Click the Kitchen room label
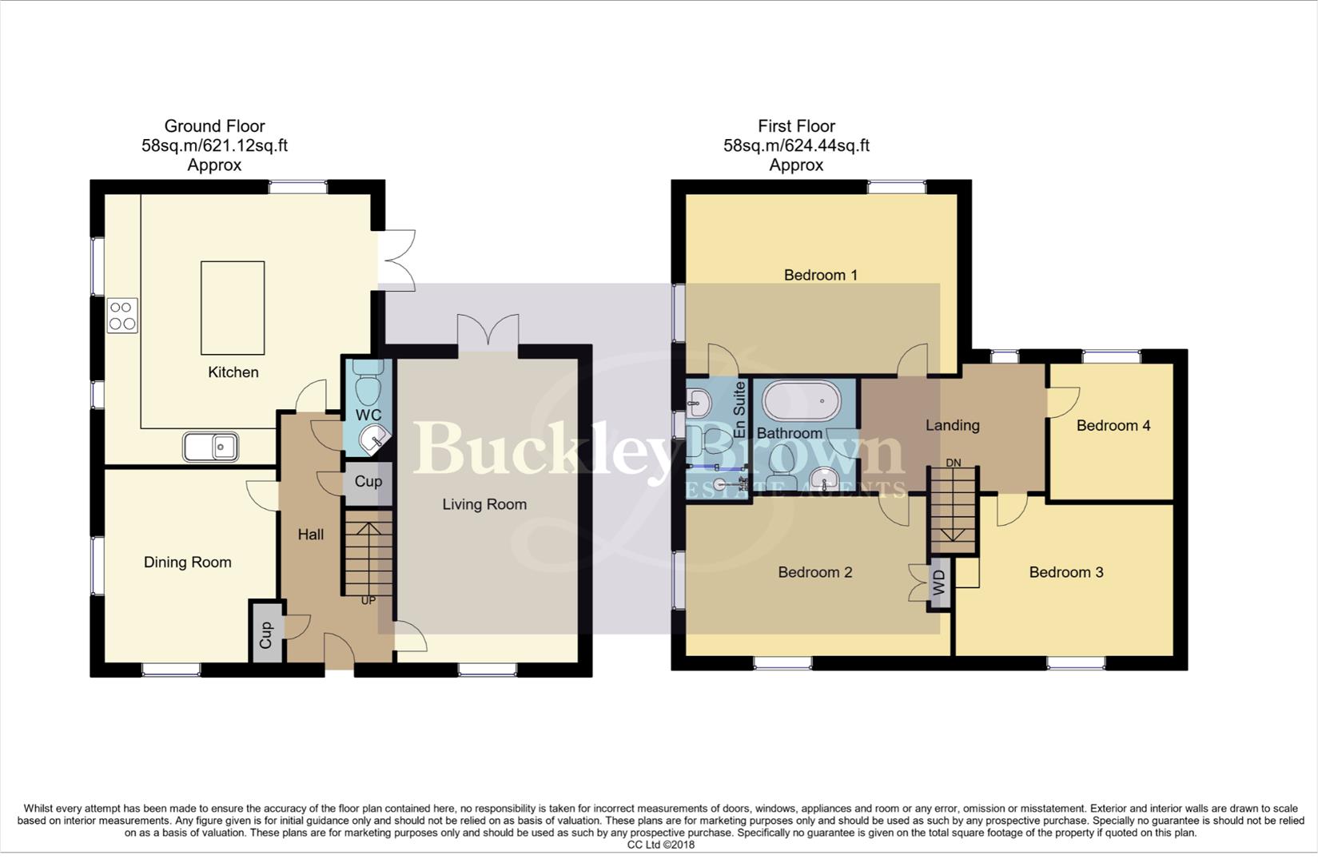[233, 372]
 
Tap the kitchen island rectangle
[233, 308]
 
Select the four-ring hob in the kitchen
[122, 315]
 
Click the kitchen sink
[211, 447]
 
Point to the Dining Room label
[188, 563]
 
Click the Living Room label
[484, 504]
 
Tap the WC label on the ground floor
[368, 415]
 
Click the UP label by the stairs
[368, 600]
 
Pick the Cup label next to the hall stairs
[368, 482]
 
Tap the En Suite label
[739, 410]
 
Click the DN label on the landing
[953, 463]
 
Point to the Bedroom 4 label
[1113, 426]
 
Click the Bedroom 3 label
[1065, 572]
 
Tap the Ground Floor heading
[214, 126]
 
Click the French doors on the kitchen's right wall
[396, 260]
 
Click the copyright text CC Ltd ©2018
[660, 845]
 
